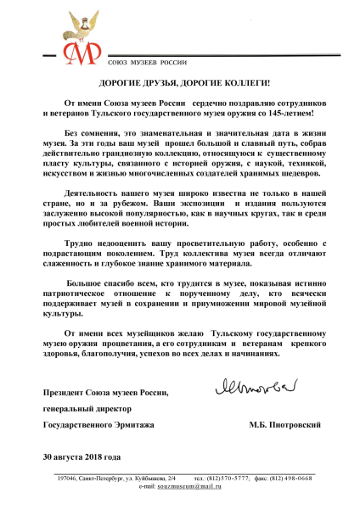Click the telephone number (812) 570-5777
222,478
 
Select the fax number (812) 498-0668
288,478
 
